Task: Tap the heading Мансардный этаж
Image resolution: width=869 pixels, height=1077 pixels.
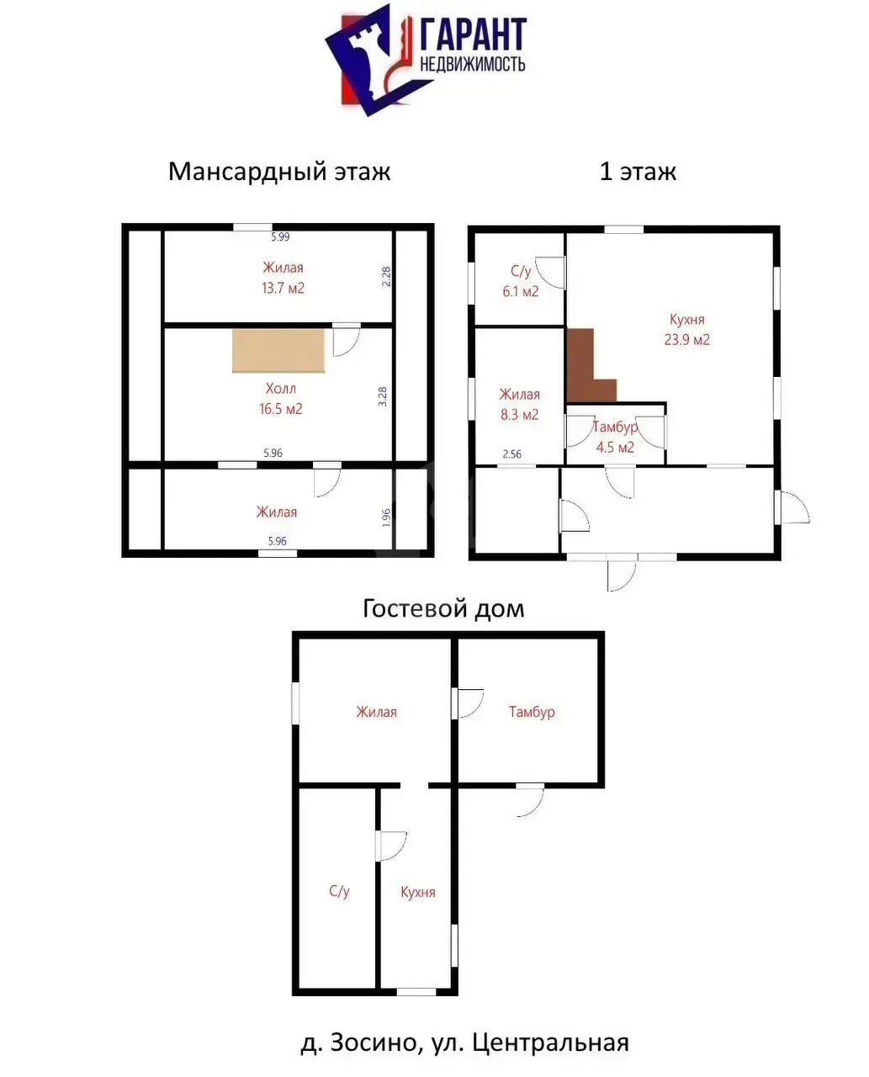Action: coord(279,172)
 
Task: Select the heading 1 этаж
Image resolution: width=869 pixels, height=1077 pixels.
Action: coord(638,172)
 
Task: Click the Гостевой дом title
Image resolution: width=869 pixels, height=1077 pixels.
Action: coord(443,609)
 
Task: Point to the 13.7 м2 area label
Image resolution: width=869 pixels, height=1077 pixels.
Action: coord(283,289)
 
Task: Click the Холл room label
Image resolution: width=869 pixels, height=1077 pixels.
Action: coord(281,389)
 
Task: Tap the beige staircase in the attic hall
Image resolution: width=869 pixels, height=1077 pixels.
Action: coord(278,350)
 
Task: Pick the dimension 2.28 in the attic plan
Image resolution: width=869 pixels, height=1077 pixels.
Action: coord(386,277)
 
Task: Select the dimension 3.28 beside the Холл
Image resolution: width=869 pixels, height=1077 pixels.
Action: coord(383,396)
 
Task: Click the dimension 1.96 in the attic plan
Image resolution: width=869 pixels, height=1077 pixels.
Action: coord(386,517)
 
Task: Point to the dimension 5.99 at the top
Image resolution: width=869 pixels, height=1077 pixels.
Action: coord(280,236)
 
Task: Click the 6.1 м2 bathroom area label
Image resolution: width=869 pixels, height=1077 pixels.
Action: coord(520,291)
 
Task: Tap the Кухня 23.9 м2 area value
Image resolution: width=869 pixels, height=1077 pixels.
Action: coord(686,339)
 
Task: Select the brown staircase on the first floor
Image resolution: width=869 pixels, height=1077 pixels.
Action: coord(586,365)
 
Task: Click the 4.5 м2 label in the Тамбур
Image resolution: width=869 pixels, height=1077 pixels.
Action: coord(615,448)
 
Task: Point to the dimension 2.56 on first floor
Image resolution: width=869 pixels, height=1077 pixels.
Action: coord(511,454)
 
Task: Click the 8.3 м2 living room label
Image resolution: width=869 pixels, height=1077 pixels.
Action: coord(519,415)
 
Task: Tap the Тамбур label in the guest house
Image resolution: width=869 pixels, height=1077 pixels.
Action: coord(532,712)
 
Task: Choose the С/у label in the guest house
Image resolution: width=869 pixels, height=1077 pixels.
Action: coord(339,890)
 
